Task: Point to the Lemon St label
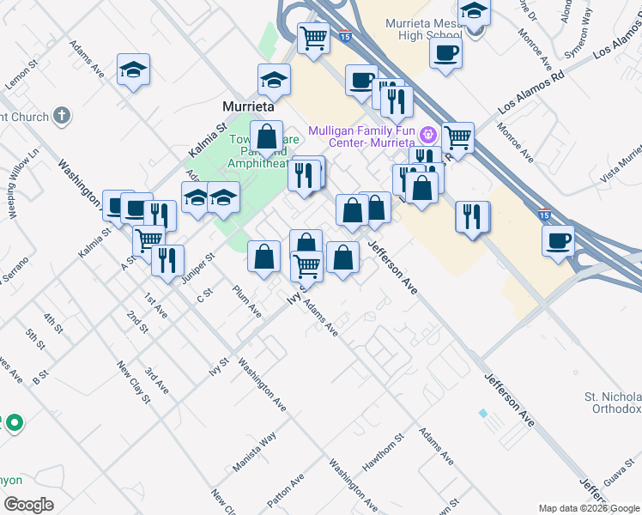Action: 23,75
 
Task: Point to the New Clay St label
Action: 134,383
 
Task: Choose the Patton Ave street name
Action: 286,489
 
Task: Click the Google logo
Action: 27,504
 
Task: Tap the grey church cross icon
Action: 60,115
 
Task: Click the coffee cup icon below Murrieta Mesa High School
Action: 445,53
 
